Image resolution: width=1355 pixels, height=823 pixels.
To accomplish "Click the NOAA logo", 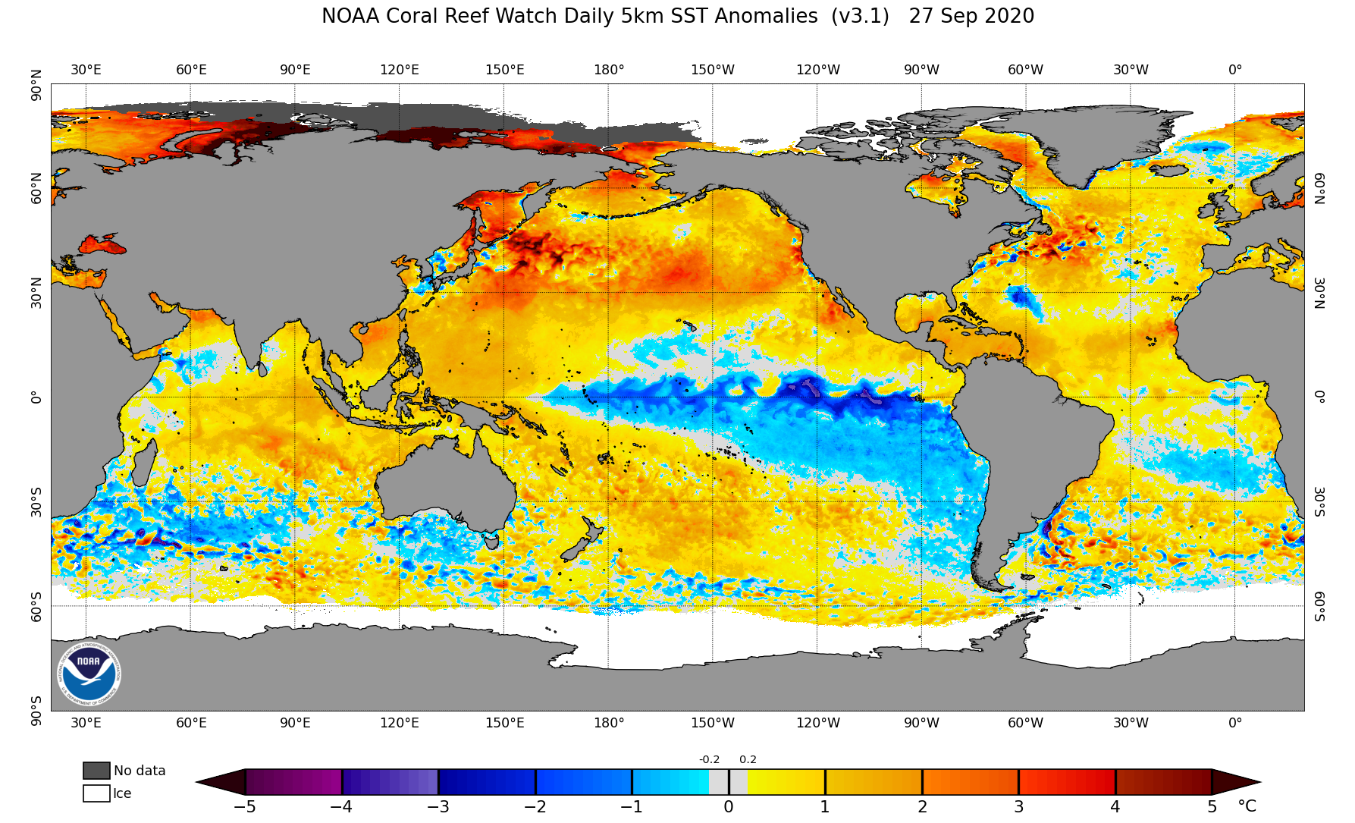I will coord(89,673).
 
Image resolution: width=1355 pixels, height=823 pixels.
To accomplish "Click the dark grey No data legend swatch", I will coord(96,771).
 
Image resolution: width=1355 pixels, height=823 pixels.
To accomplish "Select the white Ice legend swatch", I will coord(96,793).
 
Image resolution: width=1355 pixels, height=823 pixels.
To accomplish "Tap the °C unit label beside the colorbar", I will coord(1247,806).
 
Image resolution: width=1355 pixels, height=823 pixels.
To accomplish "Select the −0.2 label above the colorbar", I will coord(709,759).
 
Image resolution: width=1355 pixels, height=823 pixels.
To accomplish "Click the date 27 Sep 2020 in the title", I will coord(971,16).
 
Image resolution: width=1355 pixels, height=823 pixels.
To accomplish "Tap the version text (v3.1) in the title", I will coord(860,16).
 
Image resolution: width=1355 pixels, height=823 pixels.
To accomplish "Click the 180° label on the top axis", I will coord(609,70).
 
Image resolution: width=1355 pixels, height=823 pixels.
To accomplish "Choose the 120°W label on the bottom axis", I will coord(817,723).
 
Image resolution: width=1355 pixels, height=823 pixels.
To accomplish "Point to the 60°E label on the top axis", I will coord(191,70).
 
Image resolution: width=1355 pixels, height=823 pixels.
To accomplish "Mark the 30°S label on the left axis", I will coord(36,501).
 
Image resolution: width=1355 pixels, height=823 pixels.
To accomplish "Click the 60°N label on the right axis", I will coord(1319,188).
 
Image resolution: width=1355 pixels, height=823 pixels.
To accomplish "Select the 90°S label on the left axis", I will coord(36,711).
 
